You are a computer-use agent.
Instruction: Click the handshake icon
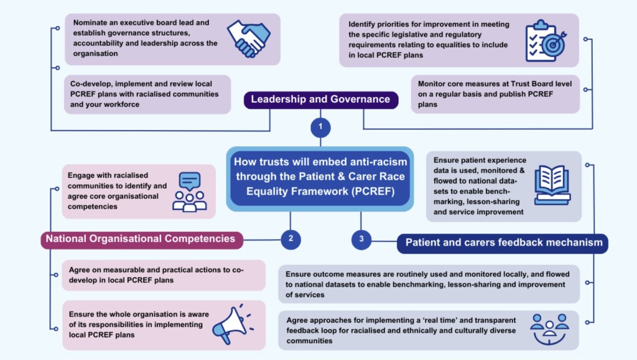[249, 39]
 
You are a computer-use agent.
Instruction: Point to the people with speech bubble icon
[189, 192]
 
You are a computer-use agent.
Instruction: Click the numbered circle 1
[320, 127]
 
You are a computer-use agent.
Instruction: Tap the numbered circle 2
[291, 238]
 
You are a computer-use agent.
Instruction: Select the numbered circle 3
[361, 238]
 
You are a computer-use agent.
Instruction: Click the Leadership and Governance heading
[320, 99]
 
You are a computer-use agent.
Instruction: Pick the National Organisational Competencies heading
[142, 239]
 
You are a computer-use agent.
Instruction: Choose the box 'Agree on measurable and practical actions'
[164, 275]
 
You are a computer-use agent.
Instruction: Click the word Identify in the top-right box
[366, 24]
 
